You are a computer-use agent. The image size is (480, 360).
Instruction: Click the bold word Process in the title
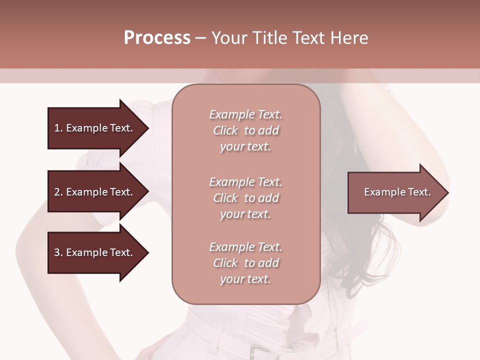tap(157, 38)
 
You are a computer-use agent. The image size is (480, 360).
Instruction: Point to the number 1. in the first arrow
tap(58, 128)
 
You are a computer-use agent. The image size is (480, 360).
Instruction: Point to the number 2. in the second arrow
tap(58, 192)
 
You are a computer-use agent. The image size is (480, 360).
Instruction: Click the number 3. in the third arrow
tap(58, 252)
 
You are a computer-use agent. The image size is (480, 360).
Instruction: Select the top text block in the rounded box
tap(245, 130)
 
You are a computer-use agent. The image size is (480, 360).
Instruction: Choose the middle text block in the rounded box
tap(245, 198)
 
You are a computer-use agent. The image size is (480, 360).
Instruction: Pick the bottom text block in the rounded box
tap(245, 263)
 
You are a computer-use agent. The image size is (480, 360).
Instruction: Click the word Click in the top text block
tap(225, 130)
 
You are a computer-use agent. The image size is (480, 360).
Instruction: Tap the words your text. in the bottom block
tap(245, 279)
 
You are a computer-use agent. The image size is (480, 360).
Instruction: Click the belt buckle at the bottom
tap(257, 351)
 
